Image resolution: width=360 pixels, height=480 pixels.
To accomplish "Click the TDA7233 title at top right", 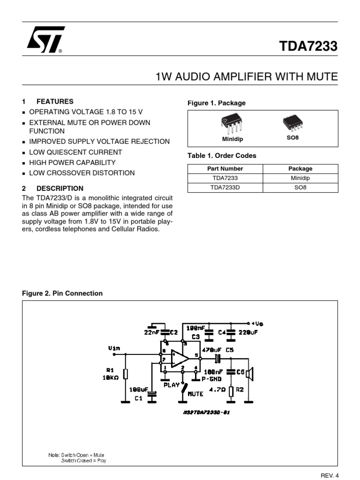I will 308,47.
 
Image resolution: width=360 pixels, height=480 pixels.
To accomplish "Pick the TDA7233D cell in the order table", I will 225,187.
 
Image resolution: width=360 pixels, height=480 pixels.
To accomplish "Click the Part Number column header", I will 225,169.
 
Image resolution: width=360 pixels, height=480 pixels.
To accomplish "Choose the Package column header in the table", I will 300,169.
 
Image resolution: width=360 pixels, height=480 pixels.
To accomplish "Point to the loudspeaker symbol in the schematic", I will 250,374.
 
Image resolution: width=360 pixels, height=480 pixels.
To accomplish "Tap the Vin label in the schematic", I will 114,348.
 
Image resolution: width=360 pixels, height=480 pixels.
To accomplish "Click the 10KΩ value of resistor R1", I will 111,377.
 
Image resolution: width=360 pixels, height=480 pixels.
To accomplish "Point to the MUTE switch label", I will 195,394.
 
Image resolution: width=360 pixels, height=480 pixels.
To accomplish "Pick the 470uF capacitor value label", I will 211,350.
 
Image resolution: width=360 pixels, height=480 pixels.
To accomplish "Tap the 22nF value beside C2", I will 152,332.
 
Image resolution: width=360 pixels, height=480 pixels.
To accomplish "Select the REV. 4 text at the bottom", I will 329,475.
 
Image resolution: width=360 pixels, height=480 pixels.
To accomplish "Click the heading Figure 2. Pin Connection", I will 62,293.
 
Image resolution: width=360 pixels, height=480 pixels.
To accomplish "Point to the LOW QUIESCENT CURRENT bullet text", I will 75,152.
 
